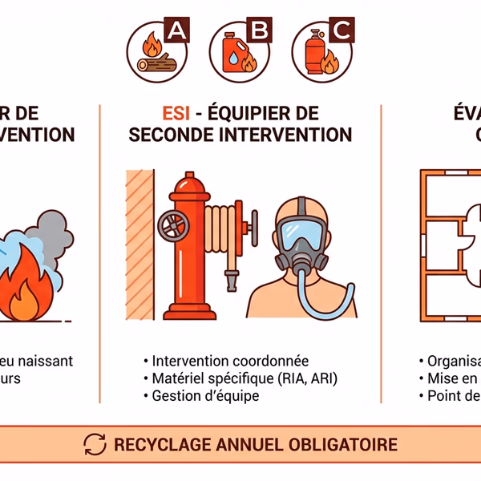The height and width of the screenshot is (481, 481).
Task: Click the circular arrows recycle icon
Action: pyautogui.click(x=95, y=443)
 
